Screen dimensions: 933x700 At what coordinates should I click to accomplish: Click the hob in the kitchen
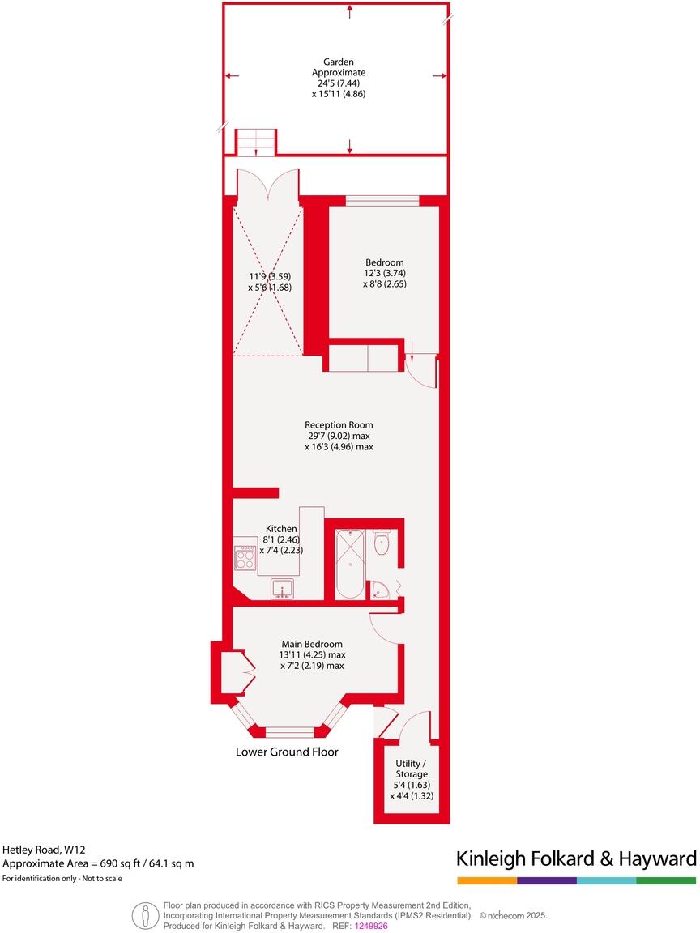point(245,557)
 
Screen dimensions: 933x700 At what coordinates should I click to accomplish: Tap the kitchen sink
point(283,589)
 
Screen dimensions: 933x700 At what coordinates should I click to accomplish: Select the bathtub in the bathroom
point(350,564)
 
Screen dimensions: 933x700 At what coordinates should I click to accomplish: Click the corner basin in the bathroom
point(378,591)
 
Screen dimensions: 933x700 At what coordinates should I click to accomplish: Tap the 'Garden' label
point(339,62)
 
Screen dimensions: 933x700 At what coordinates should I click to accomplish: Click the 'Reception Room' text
point(339,424)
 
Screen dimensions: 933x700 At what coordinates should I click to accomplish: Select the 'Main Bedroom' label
point(313,644)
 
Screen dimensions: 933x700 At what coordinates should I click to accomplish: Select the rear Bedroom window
point(382,200)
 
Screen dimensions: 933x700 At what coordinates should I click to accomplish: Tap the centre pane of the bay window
point(289,732)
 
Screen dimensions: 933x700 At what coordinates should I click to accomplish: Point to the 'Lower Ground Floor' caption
point(287,752)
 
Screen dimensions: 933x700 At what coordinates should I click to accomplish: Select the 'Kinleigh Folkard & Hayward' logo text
point(576,858)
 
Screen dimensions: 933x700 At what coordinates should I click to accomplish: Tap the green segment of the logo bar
point(666,880)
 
